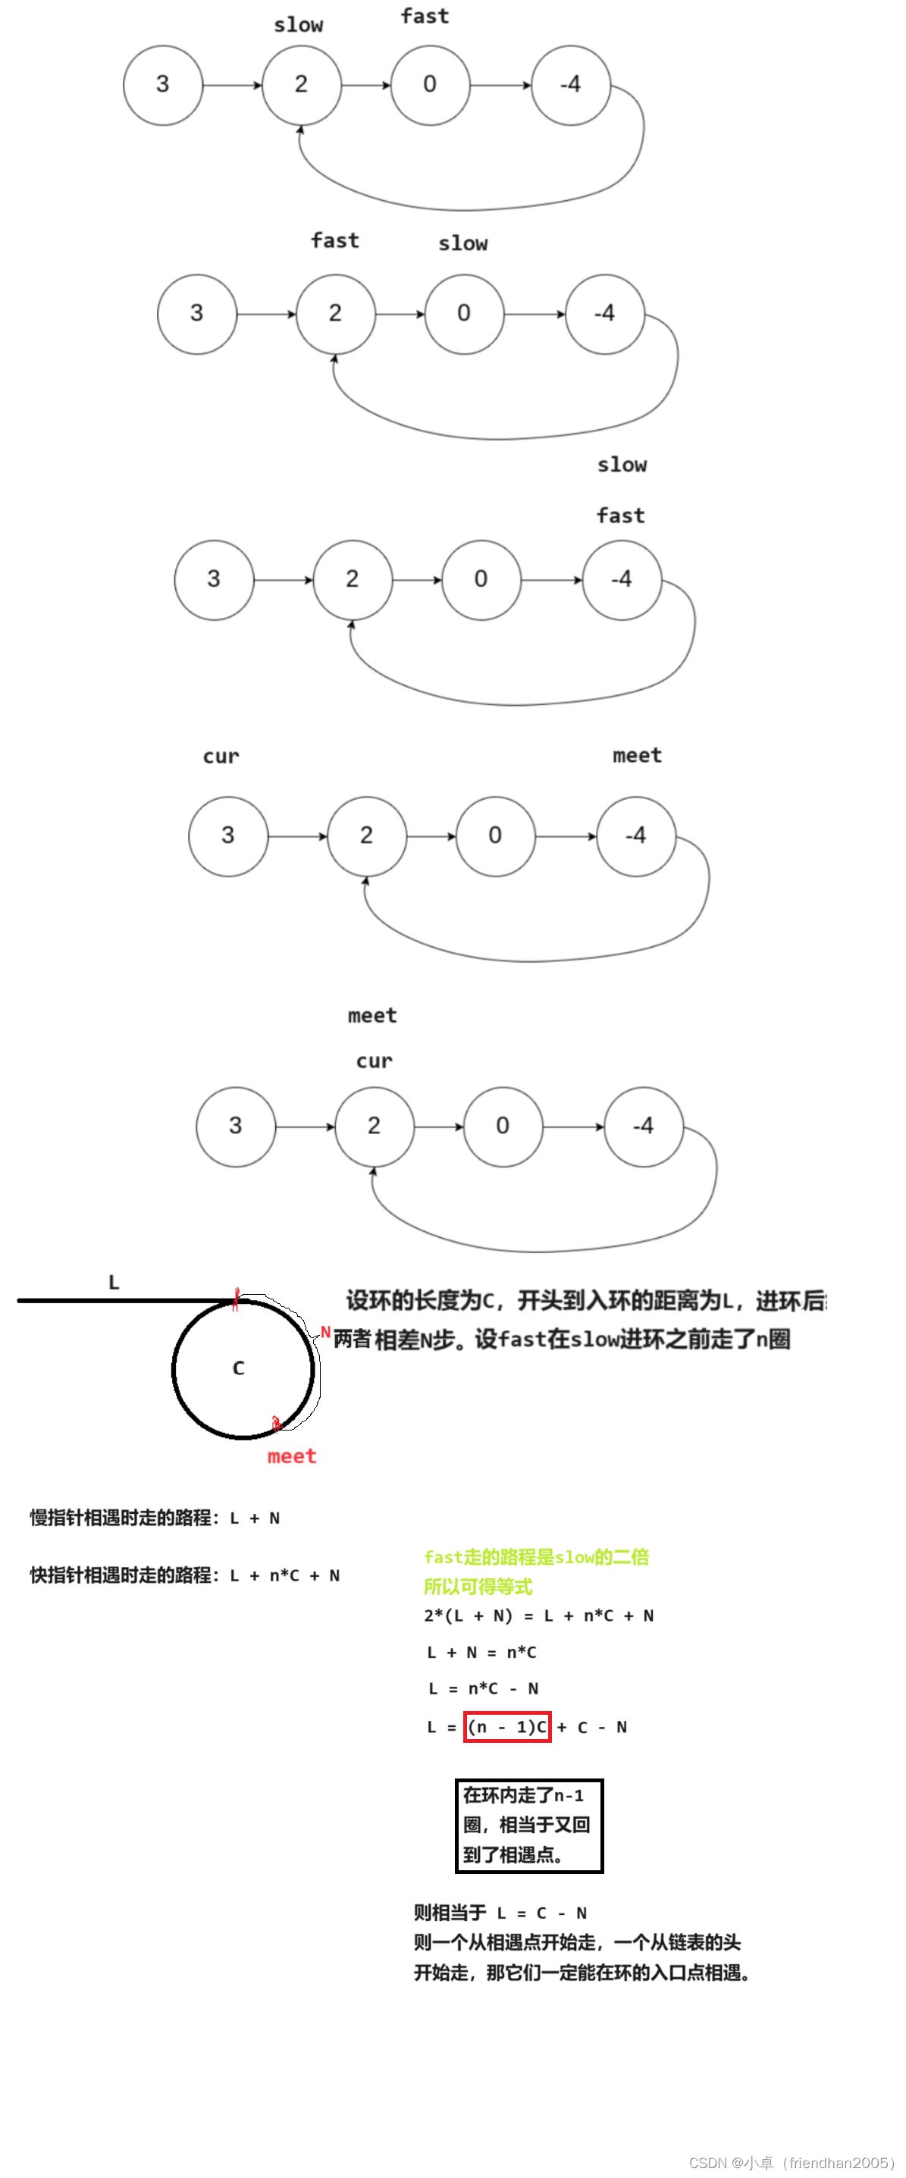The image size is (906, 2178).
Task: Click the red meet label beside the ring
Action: tap(291, 1456)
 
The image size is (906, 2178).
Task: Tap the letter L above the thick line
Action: tap(114, 1282)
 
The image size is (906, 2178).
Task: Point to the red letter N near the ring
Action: tap(324, 1333)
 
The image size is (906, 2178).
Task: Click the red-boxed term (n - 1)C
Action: tap(506, 1726)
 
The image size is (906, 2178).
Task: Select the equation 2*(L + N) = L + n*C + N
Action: tap(538, 1615)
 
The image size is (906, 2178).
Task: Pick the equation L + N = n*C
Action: tap(481, 1652)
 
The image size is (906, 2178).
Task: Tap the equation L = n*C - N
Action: tap(483, 1688)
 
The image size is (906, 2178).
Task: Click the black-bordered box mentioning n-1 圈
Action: tap(528, 1825)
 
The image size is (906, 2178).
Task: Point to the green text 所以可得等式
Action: tap(478, 1586)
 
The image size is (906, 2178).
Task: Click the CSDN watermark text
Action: tap(791, 2163)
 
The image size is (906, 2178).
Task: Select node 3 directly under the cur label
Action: tap(227, 835)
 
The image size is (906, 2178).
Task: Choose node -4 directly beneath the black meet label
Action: tap(635, 835)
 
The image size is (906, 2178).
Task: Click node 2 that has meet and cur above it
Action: tap(374, 1125)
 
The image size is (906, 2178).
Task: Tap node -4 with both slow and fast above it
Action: tap(622, 579)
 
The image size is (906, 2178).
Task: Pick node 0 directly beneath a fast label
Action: tap(430, 85)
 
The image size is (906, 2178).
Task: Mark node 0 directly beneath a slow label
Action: tap(463, 314)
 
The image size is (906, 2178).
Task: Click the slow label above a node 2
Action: tap(298, 25)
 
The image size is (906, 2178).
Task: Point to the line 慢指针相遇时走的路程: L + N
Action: tap(155, 1518)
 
